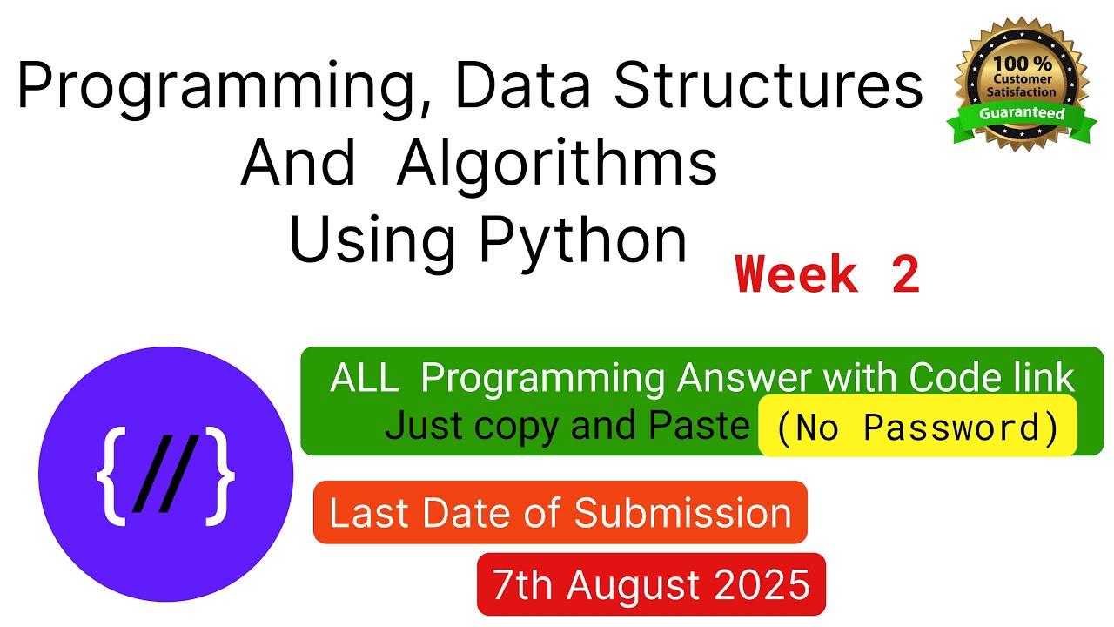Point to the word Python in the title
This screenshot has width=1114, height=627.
[x=583, y=242]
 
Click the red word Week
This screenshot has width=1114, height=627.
[x=796, y=276]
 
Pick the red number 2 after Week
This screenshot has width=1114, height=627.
[x=904, y=276]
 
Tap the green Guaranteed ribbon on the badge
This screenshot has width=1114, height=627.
[x=1022, y=114]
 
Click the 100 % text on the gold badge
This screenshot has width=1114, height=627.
[x=1023, y=64]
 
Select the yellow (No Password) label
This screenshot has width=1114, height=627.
[x=917, y=428]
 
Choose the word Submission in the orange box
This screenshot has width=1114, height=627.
[x=682, y=513]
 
